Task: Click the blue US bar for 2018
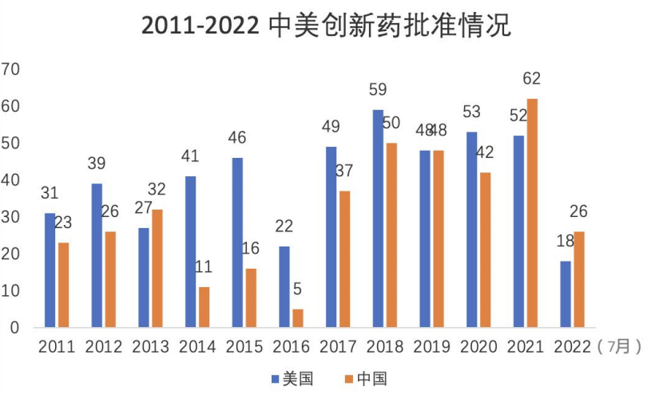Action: tap(378, 219)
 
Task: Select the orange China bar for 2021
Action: tap(533, 213)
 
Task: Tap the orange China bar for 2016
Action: tap(299, 318)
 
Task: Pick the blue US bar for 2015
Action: tap(237, 242)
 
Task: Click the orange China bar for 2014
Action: tap(204, 307)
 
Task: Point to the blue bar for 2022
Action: tap(566, 294)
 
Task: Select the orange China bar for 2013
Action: tap(157, 269)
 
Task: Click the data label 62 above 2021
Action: tap(532, 79)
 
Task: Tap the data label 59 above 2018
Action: tap(378, 89)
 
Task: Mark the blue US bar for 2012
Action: tap(97, 255)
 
